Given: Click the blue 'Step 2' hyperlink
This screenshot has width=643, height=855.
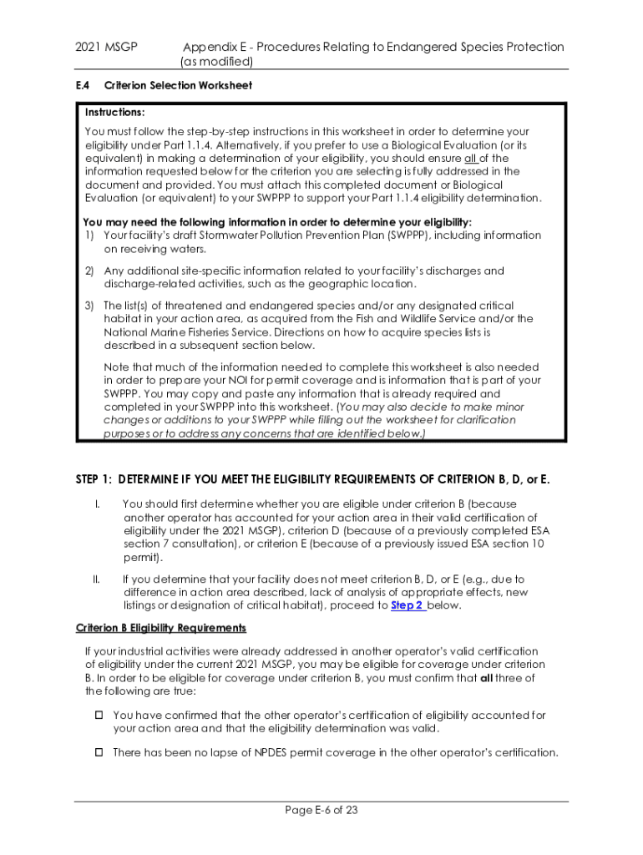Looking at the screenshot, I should click(408, 605).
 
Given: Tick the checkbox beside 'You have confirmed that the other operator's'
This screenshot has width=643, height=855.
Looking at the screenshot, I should click(97, 716).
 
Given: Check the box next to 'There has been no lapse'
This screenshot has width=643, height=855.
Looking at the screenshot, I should click(97, 752).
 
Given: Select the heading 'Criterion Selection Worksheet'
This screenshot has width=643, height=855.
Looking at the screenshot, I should click(178, 85).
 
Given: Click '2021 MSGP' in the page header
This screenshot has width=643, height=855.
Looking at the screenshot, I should click(104, 47).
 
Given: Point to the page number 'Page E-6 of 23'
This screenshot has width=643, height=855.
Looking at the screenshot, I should click(321, 810).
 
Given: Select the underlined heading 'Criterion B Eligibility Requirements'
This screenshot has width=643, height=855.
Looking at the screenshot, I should click(161, 628).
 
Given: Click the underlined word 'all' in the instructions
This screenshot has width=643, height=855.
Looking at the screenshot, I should click(472, 158).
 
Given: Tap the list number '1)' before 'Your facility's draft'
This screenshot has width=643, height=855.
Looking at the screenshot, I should click(89, 235).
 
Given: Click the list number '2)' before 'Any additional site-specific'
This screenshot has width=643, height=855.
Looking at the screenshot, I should click(89, 271).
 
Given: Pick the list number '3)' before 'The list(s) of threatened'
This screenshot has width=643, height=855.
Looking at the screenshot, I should click(89, 306).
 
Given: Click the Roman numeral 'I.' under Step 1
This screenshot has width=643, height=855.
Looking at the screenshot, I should click(97, 504).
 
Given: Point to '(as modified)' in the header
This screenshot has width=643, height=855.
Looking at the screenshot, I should click(216, 62).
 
